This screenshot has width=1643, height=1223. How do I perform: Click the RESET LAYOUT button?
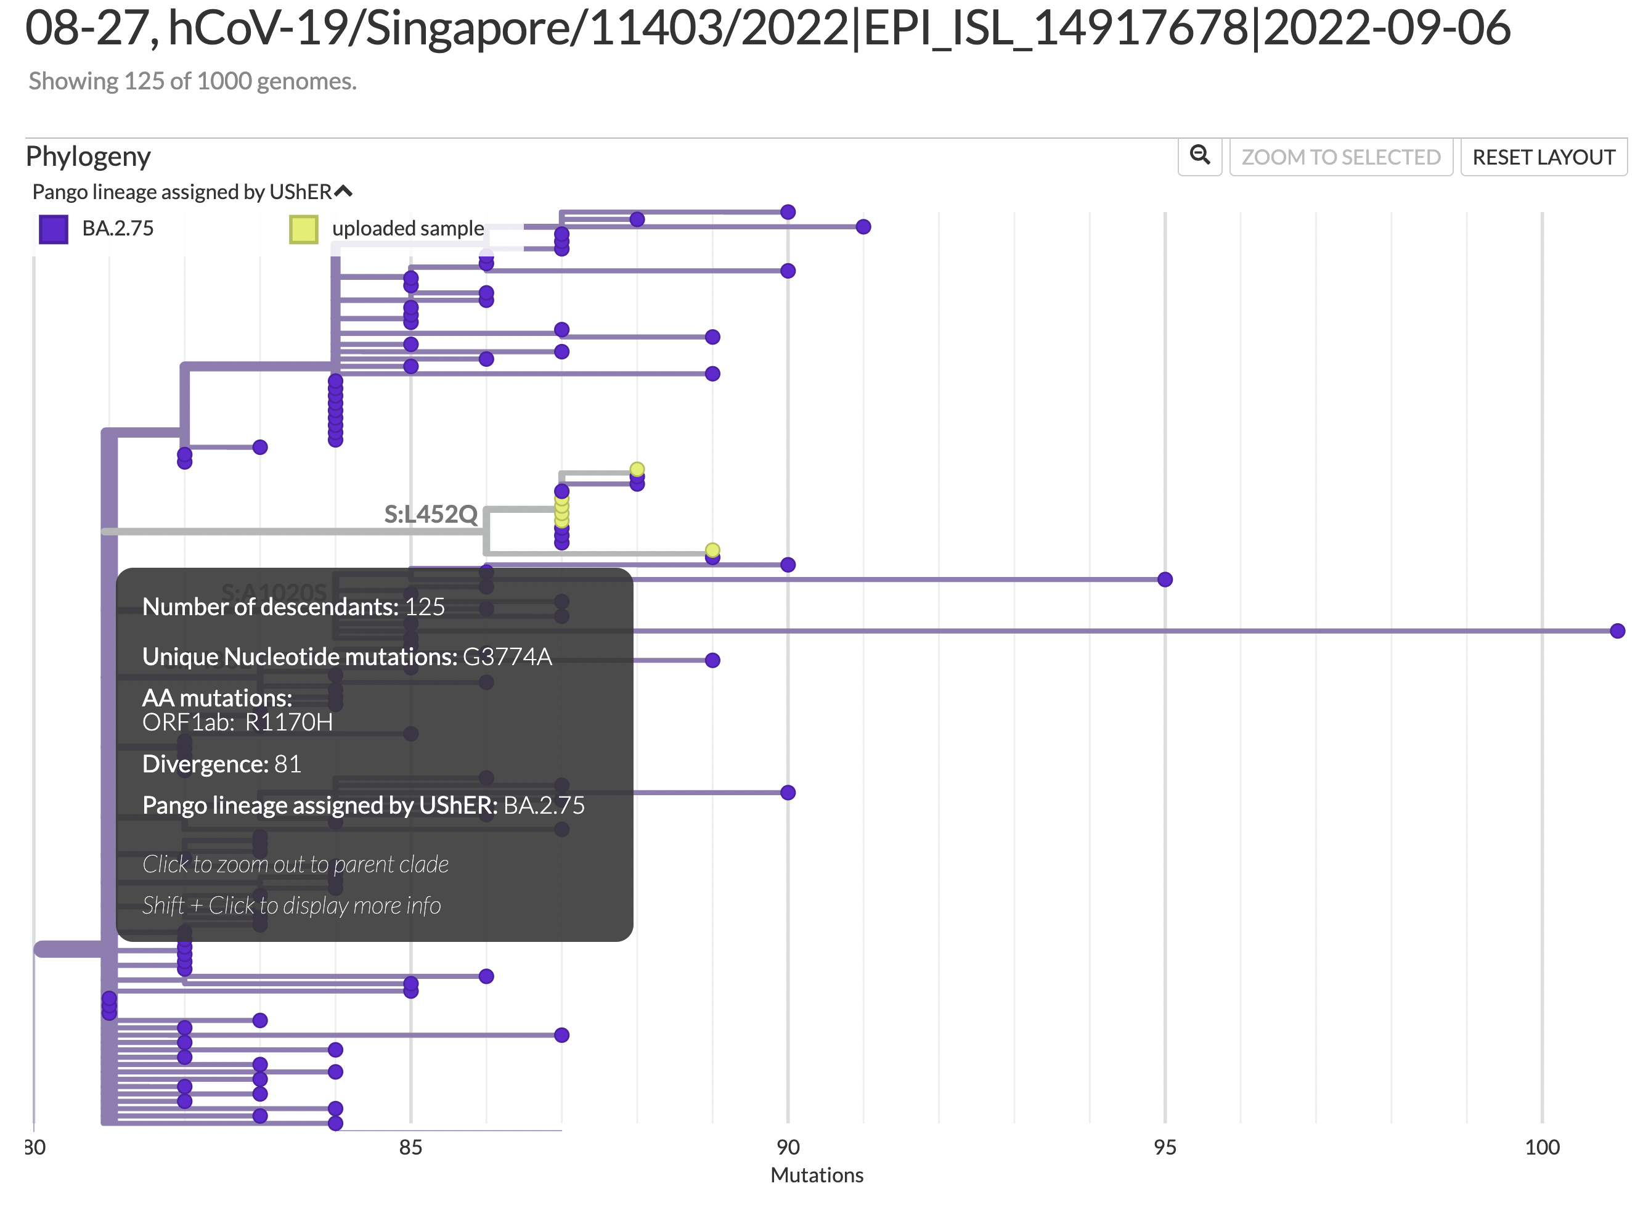[1543, 157]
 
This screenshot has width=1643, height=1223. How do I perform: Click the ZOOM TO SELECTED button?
[1340, 157]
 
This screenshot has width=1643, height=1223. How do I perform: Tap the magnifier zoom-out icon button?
[1199, 155]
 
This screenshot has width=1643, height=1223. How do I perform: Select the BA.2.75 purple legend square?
[53, 229]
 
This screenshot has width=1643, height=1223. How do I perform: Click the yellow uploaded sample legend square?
[303, 229]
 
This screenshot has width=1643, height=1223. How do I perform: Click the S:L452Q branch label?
[430, 513]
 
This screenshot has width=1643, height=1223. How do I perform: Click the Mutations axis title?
[817, 1175]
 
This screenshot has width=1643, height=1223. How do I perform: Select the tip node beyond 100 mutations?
[1617, 631]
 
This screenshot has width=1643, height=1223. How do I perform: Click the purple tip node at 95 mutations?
[1164, 579]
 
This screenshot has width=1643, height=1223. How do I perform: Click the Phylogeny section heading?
[88, 157]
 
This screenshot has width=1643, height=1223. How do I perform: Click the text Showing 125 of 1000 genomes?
[192, 81]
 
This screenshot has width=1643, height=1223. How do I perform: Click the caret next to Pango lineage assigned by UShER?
[343, 192]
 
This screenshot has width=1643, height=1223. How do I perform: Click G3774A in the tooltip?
[507, 656]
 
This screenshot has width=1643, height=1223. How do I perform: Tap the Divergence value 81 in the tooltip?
[287, 763]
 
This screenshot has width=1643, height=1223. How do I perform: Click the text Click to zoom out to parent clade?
[295, 864]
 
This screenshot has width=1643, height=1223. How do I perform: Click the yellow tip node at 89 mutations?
[712, 550]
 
